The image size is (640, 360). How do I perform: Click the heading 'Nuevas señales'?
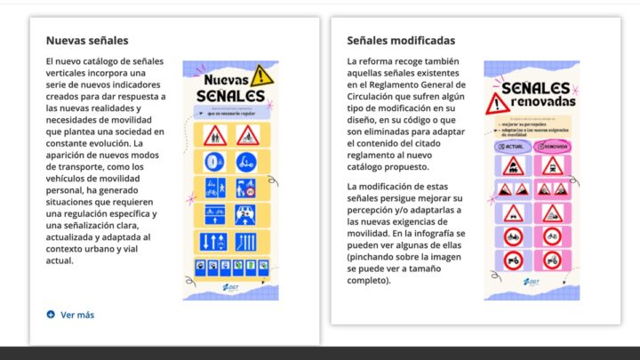[87, 40]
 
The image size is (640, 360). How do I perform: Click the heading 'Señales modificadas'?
[401, 40]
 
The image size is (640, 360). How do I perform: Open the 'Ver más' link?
[77, 314]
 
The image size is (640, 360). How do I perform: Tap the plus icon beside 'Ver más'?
[51, 314]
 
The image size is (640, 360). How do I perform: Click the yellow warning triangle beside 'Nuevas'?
[260, 75]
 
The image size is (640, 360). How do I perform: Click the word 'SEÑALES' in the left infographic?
[231, 94]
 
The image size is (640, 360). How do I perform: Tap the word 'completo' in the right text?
[366, 280]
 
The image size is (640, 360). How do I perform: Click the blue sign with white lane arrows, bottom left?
[213, 240]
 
